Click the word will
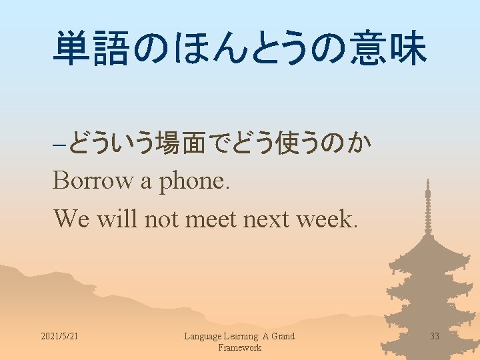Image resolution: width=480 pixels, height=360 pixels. pos(115,217)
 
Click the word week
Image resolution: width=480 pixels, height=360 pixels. pos(327,217)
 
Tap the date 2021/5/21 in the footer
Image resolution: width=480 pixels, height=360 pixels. pos(59,336)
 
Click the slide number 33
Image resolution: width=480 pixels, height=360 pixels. pos(435,336)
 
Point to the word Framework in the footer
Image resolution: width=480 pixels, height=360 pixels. pos(239,347)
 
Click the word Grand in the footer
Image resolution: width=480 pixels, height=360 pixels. pos(282,336)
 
